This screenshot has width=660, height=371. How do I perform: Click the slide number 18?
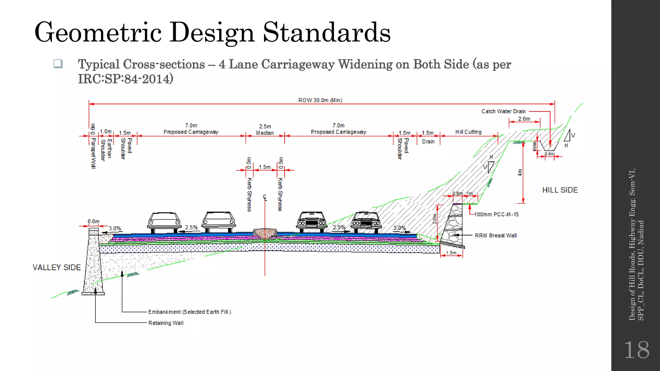coord(636,350)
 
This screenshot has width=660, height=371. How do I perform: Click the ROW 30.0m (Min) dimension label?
coord(320,100)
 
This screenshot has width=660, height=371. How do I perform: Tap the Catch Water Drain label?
coord(503,111)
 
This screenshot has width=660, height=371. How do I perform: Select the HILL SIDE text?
coord(560,190)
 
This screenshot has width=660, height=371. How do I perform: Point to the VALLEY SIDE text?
coord(57,268)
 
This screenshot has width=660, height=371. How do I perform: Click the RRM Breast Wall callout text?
coord(495,235)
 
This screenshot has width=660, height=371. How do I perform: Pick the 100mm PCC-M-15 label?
coord(496,214)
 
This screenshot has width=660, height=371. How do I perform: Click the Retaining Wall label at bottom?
coord(166,323)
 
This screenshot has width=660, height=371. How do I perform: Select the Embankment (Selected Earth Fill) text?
coord(189,312)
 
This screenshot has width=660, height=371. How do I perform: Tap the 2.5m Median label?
coord(265,129)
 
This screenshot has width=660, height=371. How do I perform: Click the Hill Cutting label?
coord(468,132)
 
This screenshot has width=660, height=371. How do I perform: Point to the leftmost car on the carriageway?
coord(164,222)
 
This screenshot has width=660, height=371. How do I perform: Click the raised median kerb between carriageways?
coord(265,233)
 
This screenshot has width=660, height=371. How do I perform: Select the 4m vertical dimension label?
coord(519,173)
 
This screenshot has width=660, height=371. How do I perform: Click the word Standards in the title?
coord(326,32)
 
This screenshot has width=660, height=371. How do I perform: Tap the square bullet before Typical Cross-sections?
coord(58,64)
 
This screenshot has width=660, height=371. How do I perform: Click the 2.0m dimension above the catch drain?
coord(524,119)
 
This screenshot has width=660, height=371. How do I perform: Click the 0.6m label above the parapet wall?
coord(93,221)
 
